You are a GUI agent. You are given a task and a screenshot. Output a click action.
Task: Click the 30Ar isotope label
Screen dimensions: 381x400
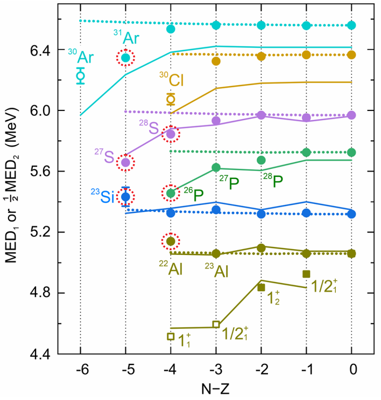(81, 56)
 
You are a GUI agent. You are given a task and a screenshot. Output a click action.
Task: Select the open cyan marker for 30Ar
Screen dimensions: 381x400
(81, 75)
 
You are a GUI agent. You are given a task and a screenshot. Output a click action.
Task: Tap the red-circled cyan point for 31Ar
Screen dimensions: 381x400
(125, 58)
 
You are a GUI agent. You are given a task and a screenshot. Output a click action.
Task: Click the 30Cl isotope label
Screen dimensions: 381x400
(172, 79)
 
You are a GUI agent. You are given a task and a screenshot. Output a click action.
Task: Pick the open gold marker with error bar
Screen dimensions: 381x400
(171, 99)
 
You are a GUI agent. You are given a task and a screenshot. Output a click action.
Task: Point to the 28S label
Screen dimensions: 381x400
(149, 127)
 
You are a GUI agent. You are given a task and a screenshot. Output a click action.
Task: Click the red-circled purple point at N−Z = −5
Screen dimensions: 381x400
(125, 162)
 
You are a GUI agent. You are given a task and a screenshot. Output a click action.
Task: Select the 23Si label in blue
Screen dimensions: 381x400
(102, 196)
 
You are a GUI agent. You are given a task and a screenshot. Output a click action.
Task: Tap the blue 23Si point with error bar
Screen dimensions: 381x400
(125, 197)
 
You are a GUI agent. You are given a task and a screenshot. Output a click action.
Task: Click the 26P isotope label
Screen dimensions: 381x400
(194, 195)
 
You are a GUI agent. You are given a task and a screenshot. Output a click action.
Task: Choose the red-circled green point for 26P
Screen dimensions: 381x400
(171, 194)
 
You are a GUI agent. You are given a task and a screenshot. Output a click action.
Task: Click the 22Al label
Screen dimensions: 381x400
(171, 268)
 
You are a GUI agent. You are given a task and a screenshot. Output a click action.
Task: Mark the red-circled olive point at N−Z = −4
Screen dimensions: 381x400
(171, 241)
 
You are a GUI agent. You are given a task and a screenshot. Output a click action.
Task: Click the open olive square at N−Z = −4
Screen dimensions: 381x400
(171, 336)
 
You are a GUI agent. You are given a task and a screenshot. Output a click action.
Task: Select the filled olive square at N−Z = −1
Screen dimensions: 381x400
(306, 274)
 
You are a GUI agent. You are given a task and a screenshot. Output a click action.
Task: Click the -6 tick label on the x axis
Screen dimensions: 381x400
(82, 369)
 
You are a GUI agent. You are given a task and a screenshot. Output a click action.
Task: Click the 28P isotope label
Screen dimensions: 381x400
(273, 181)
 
